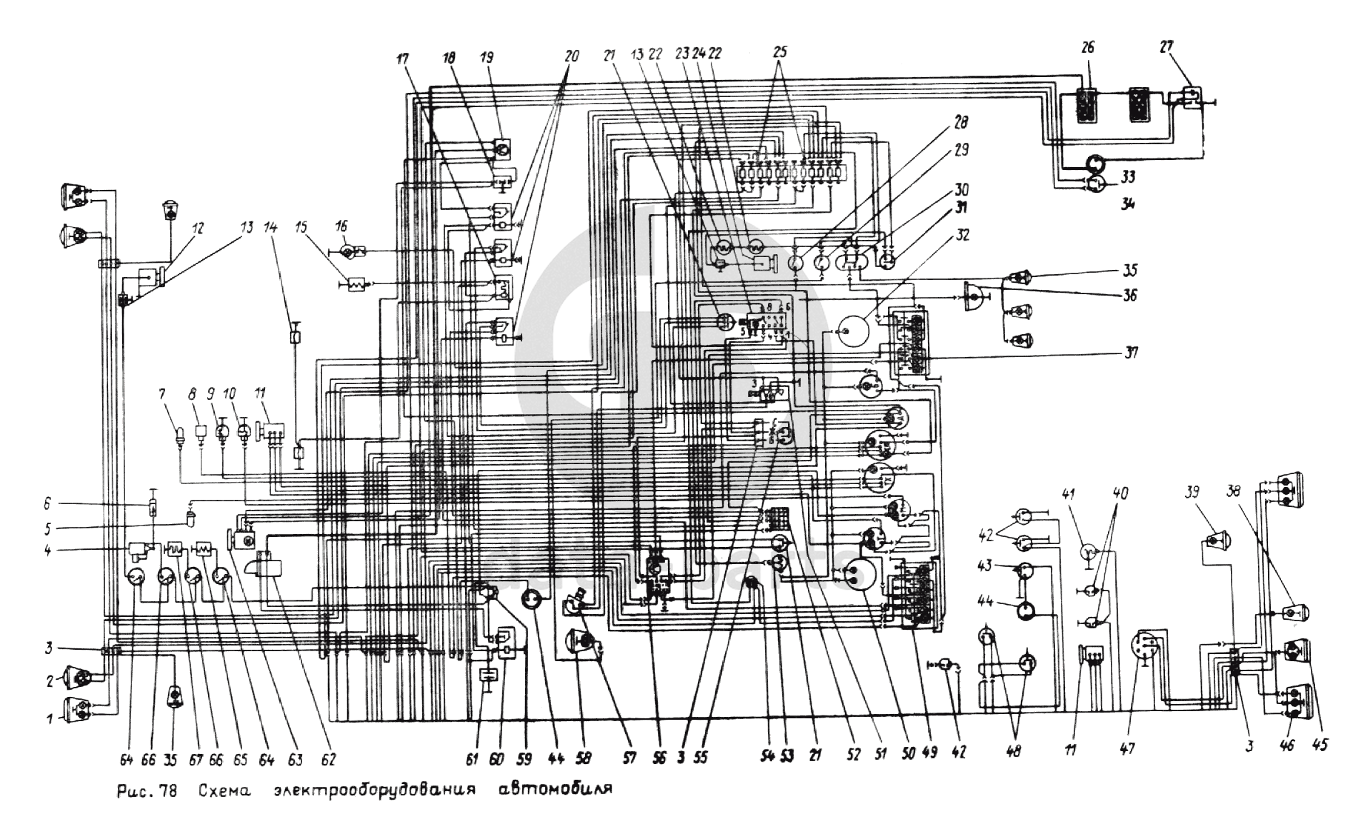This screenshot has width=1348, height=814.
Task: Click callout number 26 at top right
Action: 1088,48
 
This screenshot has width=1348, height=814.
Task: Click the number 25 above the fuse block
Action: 779,52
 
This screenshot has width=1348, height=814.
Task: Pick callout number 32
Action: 964,235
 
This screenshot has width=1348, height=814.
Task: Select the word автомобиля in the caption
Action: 554,790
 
